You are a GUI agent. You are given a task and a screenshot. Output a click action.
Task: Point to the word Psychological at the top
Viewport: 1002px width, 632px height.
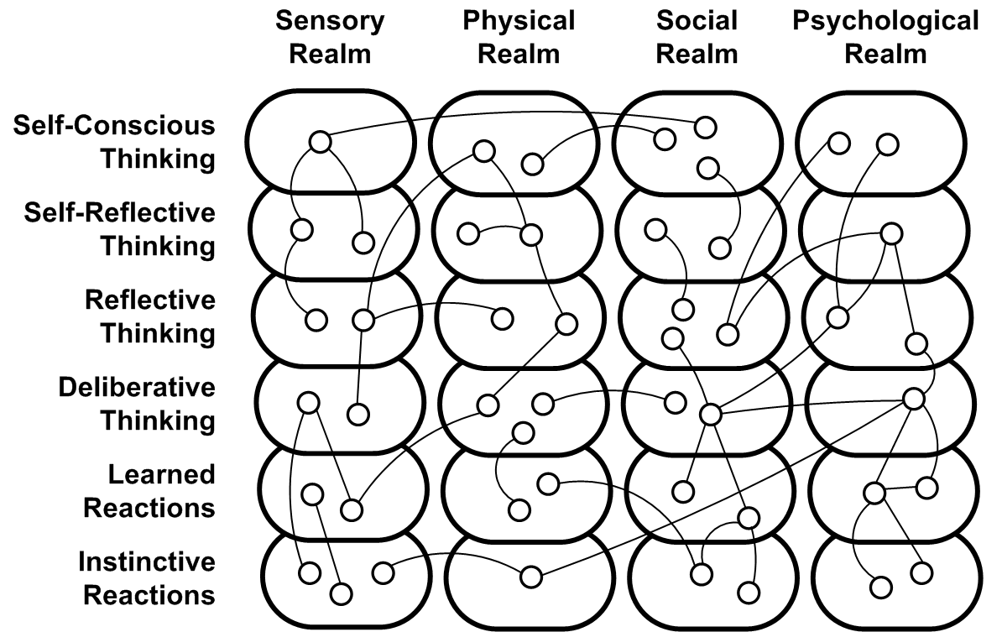(885, 21)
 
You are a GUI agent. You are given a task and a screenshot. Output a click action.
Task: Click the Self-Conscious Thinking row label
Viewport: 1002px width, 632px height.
(113, 143)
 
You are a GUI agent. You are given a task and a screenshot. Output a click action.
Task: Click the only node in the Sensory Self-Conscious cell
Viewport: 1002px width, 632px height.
(319, 142)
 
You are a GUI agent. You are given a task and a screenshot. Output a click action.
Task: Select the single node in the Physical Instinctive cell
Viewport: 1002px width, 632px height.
(530, 577)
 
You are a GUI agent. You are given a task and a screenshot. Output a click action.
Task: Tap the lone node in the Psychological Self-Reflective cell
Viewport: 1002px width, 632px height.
(891, 232)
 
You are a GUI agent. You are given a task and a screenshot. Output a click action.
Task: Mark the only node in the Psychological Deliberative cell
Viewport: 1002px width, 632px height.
(913, 398)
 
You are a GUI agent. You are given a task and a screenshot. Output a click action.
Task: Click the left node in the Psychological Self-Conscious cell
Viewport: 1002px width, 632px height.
(838, 143)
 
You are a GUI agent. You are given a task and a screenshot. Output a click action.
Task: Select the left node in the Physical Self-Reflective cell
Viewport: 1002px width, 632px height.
(467, 233)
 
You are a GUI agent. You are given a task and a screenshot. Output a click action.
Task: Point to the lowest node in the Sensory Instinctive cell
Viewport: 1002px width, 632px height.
(341, 593)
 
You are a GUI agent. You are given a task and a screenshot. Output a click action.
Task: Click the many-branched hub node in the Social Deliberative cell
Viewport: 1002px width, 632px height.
(710, 414)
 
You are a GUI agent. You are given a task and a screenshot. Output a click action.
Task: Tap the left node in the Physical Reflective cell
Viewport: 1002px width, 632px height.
(502, 318)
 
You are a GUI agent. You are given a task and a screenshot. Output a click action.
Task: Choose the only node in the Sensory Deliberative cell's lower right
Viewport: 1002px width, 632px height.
(357, 414)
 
